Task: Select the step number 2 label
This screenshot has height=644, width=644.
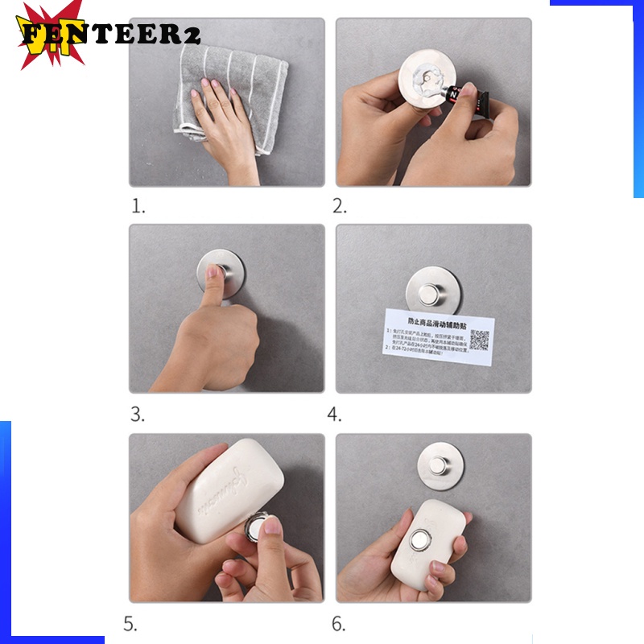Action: [x=340, y=206]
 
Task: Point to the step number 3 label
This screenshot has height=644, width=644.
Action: [x=138, y=415]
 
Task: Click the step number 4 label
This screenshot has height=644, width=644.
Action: [x=335, y=415]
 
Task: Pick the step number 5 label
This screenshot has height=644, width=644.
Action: [x=130, y=623]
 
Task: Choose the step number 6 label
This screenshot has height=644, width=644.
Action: [x=339, y=623]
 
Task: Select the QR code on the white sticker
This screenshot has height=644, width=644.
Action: [x=480, y=338]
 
